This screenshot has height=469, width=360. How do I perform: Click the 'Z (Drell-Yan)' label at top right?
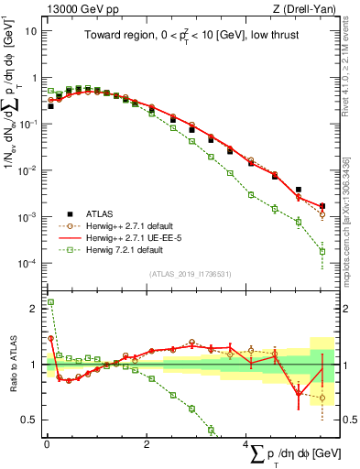(302, 9)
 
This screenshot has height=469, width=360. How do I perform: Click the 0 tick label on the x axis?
(47, 444)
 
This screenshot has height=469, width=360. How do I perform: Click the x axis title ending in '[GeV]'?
(293, 455)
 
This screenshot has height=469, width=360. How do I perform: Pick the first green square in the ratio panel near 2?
(51, 301)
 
